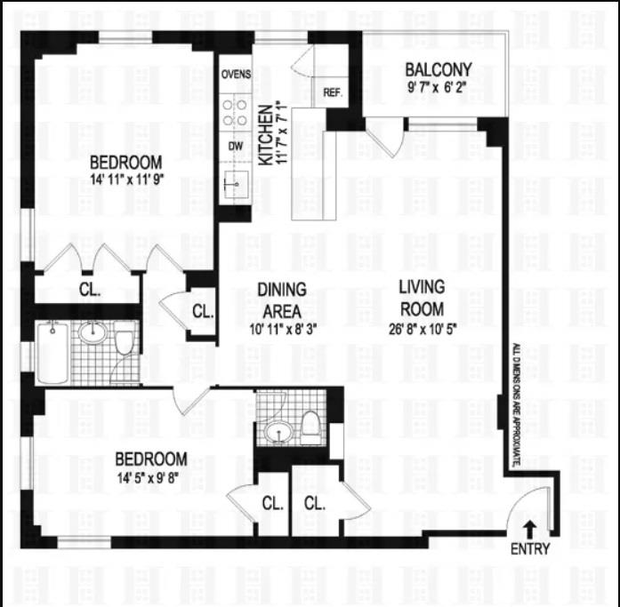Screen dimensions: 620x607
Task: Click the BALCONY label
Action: click(439, 70)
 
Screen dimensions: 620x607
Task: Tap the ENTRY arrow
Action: click(530, 529)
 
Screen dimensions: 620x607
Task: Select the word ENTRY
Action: click(530, 549)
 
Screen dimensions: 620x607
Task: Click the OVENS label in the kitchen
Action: click(236, 75)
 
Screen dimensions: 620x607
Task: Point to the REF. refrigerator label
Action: click(333, 92)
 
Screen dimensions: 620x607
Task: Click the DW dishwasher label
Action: click(235, 146)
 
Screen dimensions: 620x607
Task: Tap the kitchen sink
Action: click(236, 185)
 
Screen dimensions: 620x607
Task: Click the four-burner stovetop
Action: click(235, 113)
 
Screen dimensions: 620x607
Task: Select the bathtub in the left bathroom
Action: click(52, 352)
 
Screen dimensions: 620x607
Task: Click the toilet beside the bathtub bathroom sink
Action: click(125, 338)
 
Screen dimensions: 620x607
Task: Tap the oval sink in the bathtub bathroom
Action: click(93, 332)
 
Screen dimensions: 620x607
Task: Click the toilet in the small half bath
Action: click(310, 427)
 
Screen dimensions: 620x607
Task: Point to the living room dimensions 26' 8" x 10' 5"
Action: click(423, 329)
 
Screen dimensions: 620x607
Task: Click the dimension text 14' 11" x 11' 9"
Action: click(126, 180)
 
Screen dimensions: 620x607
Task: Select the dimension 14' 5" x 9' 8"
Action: click(149, 478)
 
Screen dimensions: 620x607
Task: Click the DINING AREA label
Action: click(282, 300)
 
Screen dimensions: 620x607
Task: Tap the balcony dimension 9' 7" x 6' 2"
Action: click(438, 87)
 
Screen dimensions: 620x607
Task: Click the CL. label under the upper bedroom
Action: click(90, 290)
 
